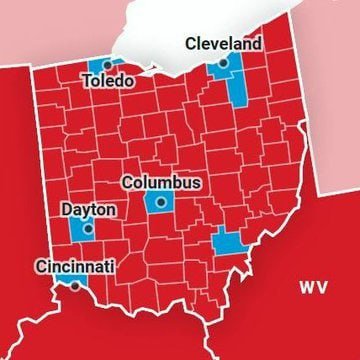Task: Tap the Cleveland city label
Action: (224, 44)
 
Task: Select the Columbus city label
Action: (161, 183)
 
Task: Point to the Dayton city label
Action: (88, 210)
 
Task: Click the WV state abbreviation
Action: (313, 287)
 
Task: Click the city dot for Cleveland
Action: (222, 62)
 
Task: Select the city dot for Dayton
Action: (87, 228)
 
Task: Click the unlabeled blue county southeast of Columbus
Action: (228, 242)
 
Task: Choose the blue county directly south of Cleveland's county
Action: (237, 90)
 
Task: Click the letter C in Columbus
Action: (127, 184)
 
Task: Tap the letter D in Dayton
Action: (67, 210)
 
